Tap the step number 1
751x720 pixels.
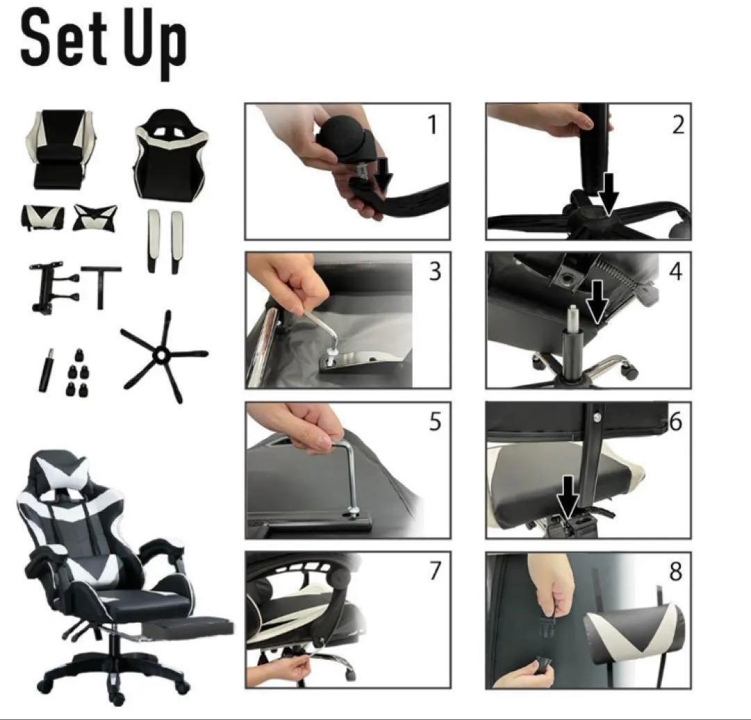(433, 124)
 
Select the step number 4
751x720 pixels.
(675, 272)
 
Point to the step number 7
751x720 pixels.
(435, 571)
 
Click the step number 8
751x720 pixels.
(675, 571)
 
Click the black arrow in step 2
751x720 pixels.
(608, 194)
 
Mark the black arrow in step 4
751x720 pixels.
(597, 302)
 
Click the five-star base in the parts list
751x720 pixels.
(164, 356)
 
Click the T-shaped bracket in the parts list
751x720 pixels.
(101, 286)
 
